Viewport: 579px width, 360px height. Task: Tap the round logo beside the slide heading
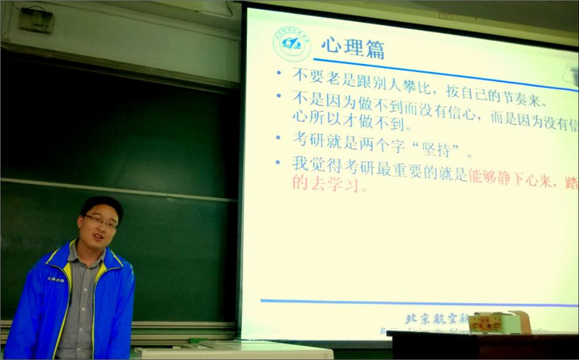pos(292,44)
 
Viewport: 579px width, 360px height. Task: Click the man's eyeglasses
pos(100,221)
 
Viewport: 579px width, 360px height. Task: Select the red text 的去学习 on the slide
pos(329,184)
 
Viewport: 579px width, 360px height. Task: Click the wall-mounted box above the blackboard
pos(36,21)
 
